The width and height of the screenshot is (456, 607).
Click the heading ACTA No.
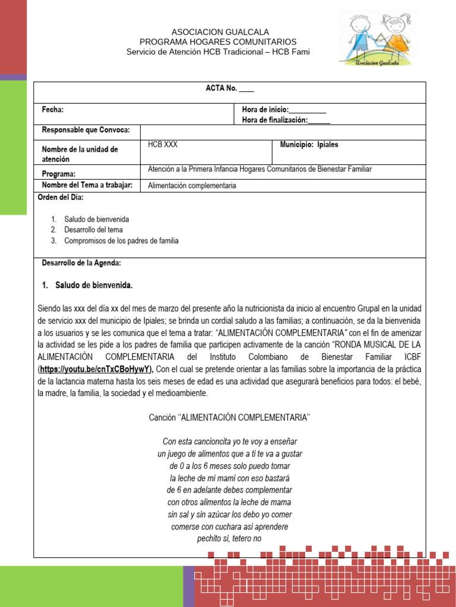click(x=229, y=88)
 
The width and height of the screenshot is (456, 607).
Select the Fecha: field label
click(x=52, y=110)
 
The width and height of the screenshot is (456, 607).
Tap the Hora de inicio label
click(x=284, y=110)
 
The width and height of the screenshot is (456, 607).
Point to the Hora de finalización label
click(x=286, y=120)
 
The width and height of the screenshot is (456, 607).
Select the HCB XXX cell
click(x=163, y=145)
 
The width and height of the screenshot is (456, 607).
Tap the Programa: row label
click(x=58, y=174)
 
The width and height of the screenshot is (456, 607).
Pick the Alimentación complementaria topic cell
click(x=192, y=186)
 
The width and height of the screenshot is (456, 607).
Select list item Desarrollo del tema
click(x=94, y=230)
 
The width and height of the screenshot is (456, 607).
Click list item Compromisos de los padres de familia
click(x=121, y=241)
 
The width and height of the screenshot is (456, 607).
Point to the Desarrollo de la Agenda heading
click(x=81, y=263)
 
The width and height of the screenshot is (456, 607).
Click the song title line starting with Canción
click(x=229, y=417)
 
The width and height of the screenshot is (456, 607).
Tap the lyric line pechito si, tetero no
click(x=229, y=539)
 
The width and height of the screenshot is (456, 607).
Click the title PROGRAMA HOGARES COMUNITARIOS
click(x=218, y=41)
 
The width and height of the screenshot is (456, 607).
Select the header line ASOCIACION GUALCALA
click(x=220, y=31)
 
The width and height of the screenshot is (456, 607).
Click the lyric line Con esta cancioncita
click(x=229, y=442)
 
